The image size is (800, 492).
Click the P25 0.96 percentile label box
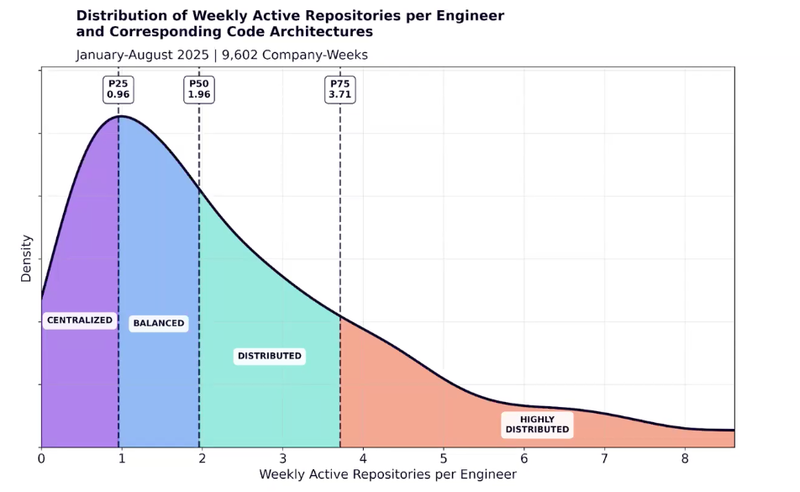[x=118, y=89]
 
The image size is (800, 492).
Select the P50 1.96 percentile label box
[x=199, y=89]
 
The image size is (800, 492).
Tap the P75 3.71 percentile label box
[x=340, y=89]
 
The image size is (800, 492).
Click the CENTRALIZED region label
[x=79, y=320]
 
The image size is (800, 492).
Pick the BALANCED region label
[x=158, y=324]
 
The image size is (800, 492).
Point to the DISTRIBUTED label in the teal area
[x=269, y=356]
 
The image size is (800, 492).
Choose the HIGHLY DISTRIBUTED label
[x=537, y=425]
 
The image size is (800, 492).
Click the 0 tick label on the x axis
[x=41, y=458]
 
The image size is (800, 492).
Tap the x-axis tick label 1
[x=122, y=458]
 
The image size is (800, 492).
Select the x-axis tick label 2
[x=203, y=458]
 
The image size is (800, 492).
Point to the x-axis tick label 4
[x=363, y=458]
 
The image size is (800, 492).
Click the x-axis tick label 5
[x=444, y=458]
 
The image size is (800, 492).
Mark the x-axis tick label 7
[x=604, y=458]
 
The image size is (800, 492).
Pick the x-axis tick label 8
[x=685, y=458]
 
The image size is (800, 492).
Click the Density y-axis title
[x=26, y=258]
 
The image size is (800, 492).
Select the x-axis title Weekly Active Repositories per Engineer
[x=387, y=475]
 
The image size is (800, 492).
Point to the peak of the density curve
[x=120, y=116]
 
